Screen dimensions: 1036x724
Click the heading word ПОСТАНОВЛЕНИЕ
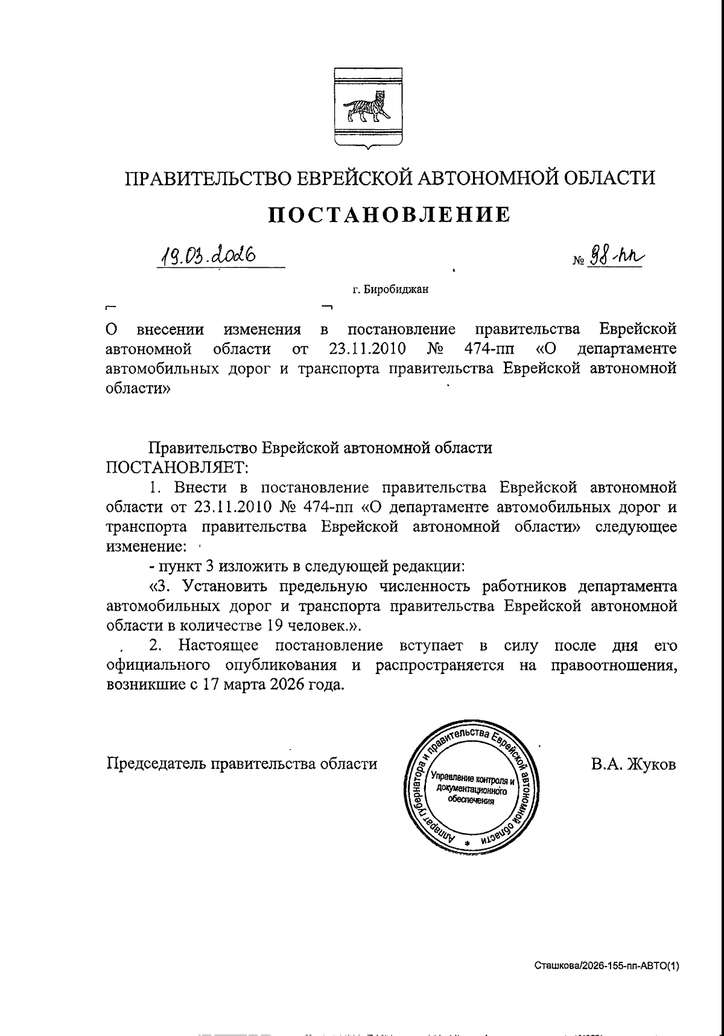click(x=389, y=214)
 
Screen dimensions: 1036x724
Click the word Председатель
click(x=156, y=763)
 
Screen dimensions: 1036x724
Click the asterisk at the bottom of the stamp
click(x=467, y=842)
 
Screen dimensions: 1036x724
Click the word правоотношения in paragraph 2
click(x=614, y=666)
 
